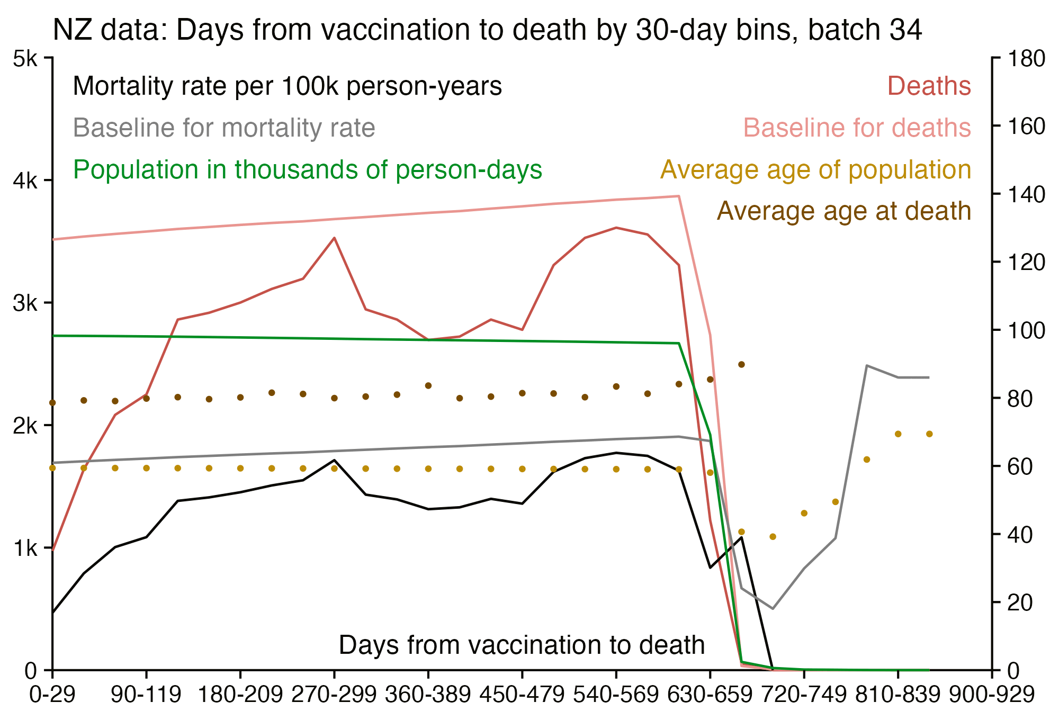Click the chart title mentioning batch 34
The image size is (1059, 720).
pyautogui.click(x=487, y=30)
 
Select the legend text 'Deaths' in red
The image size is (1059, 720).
pyautogui.click(x=929, y=86)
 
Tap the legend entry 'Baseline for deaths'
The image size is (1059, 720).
pyautogui.click(x=857, y=128)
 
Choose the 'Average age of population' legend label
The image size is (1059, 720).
pyautogui.click(x=815, y=169)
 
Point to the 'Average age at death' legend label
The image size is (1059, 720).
pyautogui.click(x=844, y=211)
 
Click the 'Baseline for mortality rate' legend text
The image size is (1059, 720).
pyautogui.click(x=224, y=128)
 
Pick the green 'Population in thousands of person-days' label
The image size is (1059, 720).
pyautogui.click(x=307, y=169)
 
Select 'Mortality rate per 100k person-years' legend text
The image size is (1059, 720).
pyautogui.click(x=288, y=86)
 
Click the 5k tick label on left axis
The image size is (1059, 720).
pyautogui.click(x=25, y=58)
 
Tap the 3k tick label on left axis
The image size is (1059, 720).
pyautogui.click(x=25, y=303)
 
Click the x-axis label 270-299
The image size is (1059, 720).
pyautogui.click(x=334, y=695)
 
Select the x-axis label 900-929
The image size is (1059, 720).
pyautogui.click(x=991, y=695)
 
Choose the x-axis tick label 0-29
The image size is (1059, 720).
pyautogui.click(x=52, y=695)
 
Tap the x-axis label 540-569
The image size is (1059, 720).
pyautogui.click(x=616, y=695)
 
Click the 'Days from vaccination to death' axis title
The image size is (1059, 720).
pyautogui.click(x=522, y=645)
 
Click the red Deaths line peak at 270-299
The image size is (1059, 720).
pyautogui.click(x=334, y=238)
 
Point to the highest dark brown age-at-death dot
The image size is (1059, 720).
pyautogui.click(x=741, y=364)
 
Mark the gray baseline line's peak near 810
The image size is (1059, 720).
pyautogui.click(x=867, y=366)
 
